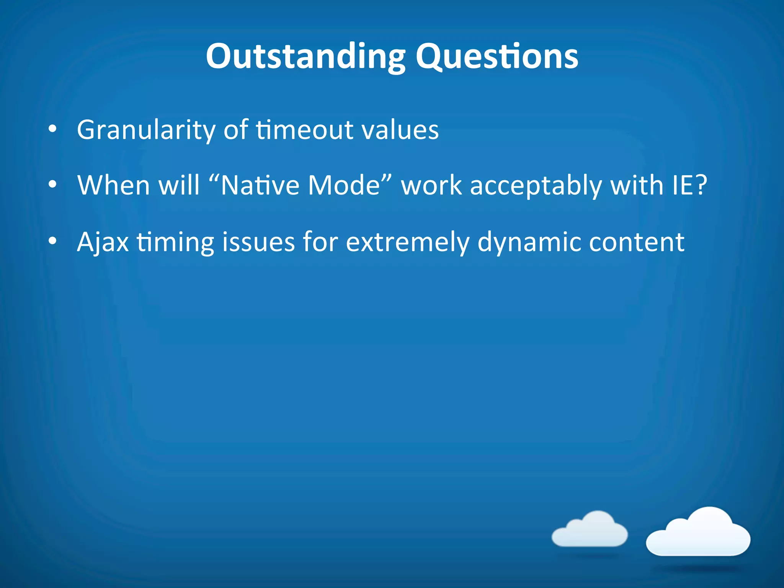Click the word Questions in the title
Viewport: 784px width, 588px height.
coord(497,57)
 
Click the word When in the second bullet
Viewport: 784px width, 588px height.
coord(113,186)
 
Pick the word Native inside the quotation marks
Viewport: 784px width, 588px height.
coord(260,186)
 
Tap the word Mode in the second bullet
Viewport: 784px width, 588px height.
coord(344,186)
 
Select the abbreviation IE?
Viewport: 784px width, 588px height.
coord(689,186)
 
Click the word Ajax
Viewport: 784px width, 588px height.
coord(103,242)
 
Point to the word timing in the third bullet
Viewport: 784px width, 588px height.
coord(175,242)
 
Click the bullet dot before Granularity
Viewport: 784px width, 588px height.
coord(52,129)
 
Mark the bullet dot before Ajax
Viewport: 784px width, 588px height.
coord(52,241)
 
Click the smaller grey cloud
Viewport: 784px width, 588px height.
coord(590,530)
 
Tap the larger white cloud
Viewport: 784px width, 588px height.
coord(698,533)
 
